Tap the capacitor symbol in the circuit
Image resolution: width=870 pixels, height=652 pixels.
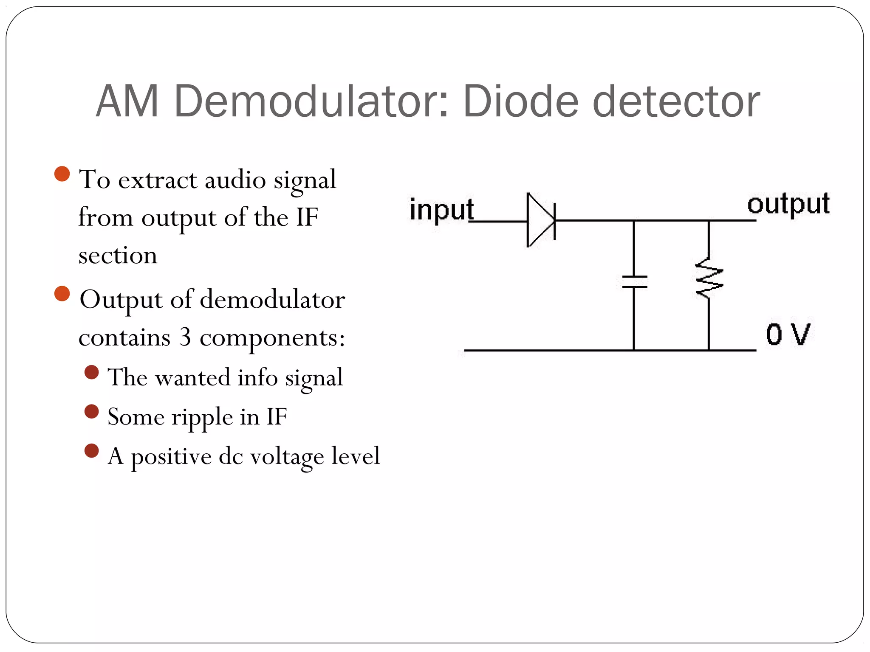click(x=634, y=282)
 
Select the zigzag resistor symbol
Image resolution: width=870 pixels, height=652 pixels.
click(x=709, y=278)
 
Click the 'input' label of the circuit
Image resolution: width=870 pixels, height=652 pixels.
click(x=441, y=209)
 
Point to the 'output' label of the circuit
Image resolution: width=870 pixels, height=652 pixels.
click(x=788, y=204)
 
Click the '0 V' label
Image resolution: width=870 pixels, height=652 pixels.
click(x=788, y=334)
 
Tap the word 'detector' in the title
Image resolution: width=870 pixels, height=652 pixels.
click(x=675, y=101)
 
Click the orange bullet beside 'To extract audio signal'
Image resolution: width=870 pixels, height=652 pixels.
click(x=62, y=174)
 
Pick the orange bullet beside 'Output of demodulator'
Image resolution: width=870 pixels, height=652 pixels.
click(x=62, y=294)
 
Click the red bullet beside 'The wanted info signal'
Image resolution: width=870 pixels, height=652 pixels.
click(x=92, y=372)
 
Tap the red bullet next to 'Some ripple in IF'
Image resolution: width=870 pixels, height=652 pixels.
click(x=92, y=411)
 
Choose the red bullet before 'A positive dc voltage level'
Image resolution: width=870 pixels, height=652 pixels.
click(x=92, y=451)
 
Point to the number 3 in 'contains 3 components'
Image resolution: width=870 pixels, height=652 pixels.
click(x=185, y=337)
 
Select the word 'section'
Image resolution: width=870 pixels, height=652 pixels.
click(x=118, y=256)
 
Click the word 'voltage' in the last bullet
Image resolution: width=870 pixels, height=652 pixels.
click(x=287, y=457)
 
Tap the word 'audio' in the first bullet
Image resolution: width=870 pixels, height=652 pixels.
click(x=235, y=180)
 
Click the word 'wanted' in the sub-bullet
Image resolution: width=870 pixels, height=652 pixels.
click(x=192, y=377)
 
